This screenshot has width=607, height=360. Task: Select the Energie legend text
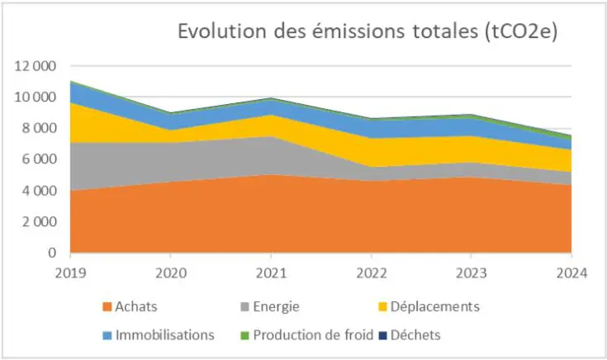click(276, 307)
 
